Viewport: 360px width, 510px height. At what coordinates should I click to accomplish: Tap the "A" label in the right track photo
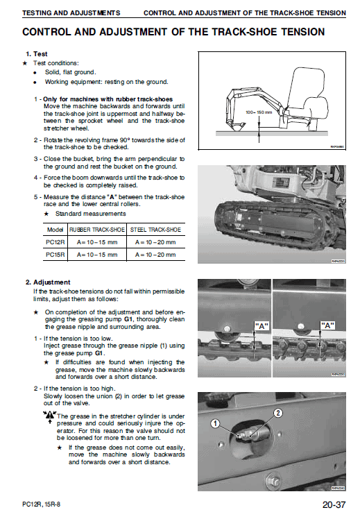327,324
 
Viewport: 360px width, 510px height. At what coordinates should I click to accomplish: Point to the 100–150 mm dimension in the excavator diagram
259,111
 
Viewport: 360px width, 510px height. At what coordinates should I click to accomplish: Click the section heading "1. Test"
36,54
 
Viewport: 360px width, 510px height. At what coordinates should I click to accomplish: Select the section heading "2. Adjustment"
47,282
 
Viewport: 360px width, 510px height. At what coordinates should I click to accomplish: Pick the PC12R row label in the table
55,241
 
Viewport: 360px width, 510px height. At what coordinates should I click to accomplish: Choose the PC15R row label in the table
55,255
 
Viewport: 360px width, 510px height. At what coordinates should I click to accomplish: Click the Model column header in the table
55,229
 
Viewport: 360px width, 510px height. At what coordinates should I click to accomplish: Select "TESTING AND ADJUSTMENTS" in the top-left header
71,12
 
